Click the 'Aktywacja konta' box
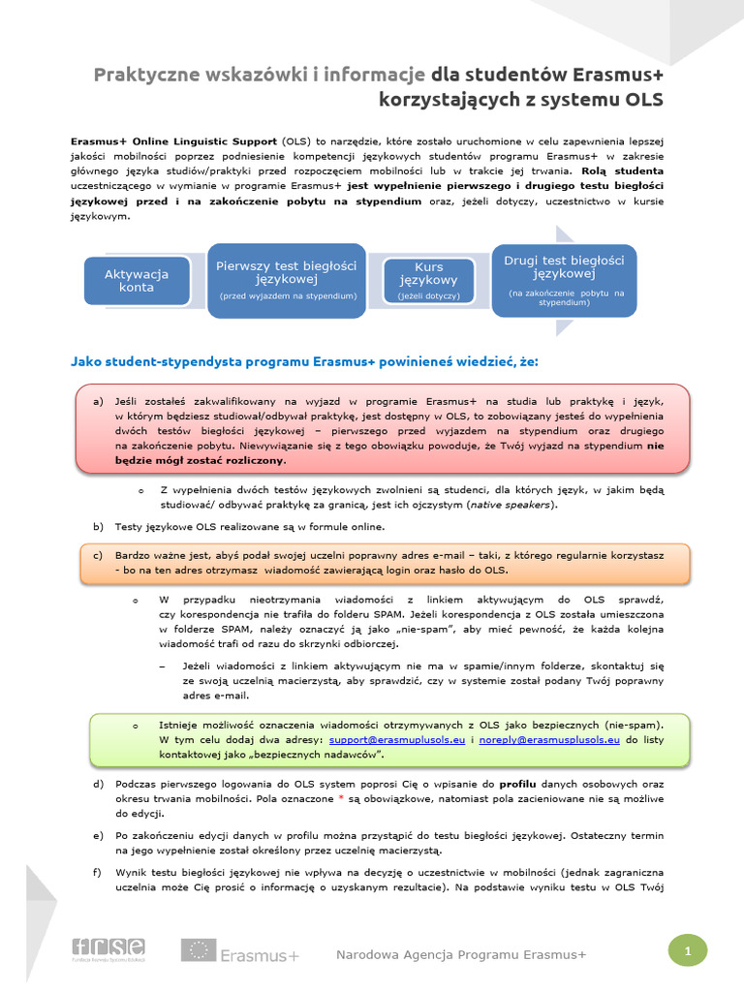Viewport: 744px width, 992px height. tap(137, 280)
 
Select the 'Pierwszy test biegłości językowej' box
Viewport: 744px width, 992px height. tap(286, 279)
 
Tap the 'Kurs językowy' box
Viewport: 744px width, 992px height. tap(428, 280)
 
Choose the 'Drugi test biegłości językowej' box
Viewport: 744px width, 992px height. tap(564, 280)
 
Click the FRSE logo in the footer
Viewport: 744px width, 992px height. tap(108, 948)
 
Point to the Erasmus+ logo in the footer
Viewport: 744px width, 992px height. tap(240, 953)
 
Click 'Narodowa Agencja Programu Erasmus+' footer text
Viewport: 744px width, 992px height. tap(461, 955)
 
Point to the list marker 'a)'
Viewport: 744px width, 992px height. tap(97, 401)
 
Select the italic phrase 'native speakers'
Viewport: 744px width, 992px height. tap(512, 506)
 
